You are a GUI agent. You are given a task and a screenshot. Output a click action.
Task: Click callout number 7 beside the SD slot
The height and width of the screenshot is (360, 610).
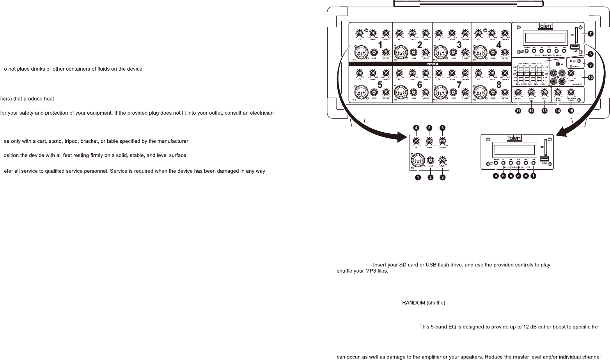click(590, 34)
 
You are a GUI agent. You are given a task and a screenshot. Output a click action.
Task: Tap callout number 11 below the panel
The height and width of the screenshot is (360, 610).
click(518, 111)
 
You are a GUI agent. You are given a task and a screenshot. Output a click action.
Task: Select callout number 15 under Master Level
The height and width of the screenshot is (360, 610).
click(571, 111)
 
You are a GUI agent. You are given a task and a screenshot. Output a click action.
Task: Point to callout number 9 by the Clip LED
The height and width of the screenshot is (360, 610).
click(590, 65)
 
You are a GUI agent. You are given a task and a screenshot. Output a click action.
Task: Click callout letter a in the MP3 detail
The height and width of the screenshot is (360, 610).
click(496, 176)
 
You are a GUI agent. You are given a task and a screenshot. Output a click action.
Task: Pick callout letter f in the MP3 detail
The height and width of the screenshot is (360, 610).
click(533, 176)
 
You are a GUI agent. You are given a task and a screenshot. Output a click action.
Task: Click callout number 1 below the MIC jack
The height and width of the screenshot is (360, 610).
click(417, 177)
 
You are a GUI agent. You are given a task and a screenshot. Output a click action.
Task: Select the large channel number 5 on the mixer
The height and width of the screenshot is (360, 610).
click(380, 85)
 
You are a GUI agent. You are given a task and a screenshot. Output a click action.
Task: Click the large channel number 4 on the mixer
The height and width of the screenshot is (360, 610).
click(498, 45)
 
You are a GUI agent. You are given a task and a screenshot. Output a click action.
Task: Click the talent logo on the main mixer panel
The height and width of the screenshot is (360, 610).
click(546, 26)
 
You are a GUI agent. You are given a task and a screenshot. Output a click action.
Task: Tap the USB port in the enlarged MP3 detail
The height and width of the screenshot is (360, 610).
click(544, 159)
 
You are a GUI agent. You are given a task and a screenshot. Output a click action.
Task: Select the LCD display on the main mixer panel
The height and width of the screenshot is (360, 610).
click(546, 38)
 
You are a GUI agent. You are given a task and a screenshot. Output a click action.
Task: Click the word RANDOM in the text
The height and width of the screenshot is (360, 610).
click(413, 303)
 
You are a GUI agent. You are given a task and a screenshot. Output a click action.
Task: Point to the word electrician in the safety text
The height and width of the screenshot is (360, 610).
click(261, 113)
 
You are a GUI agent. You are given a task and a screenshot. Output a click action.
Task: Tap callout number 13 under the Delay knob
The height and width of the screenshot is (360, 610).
click(544, 111)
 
